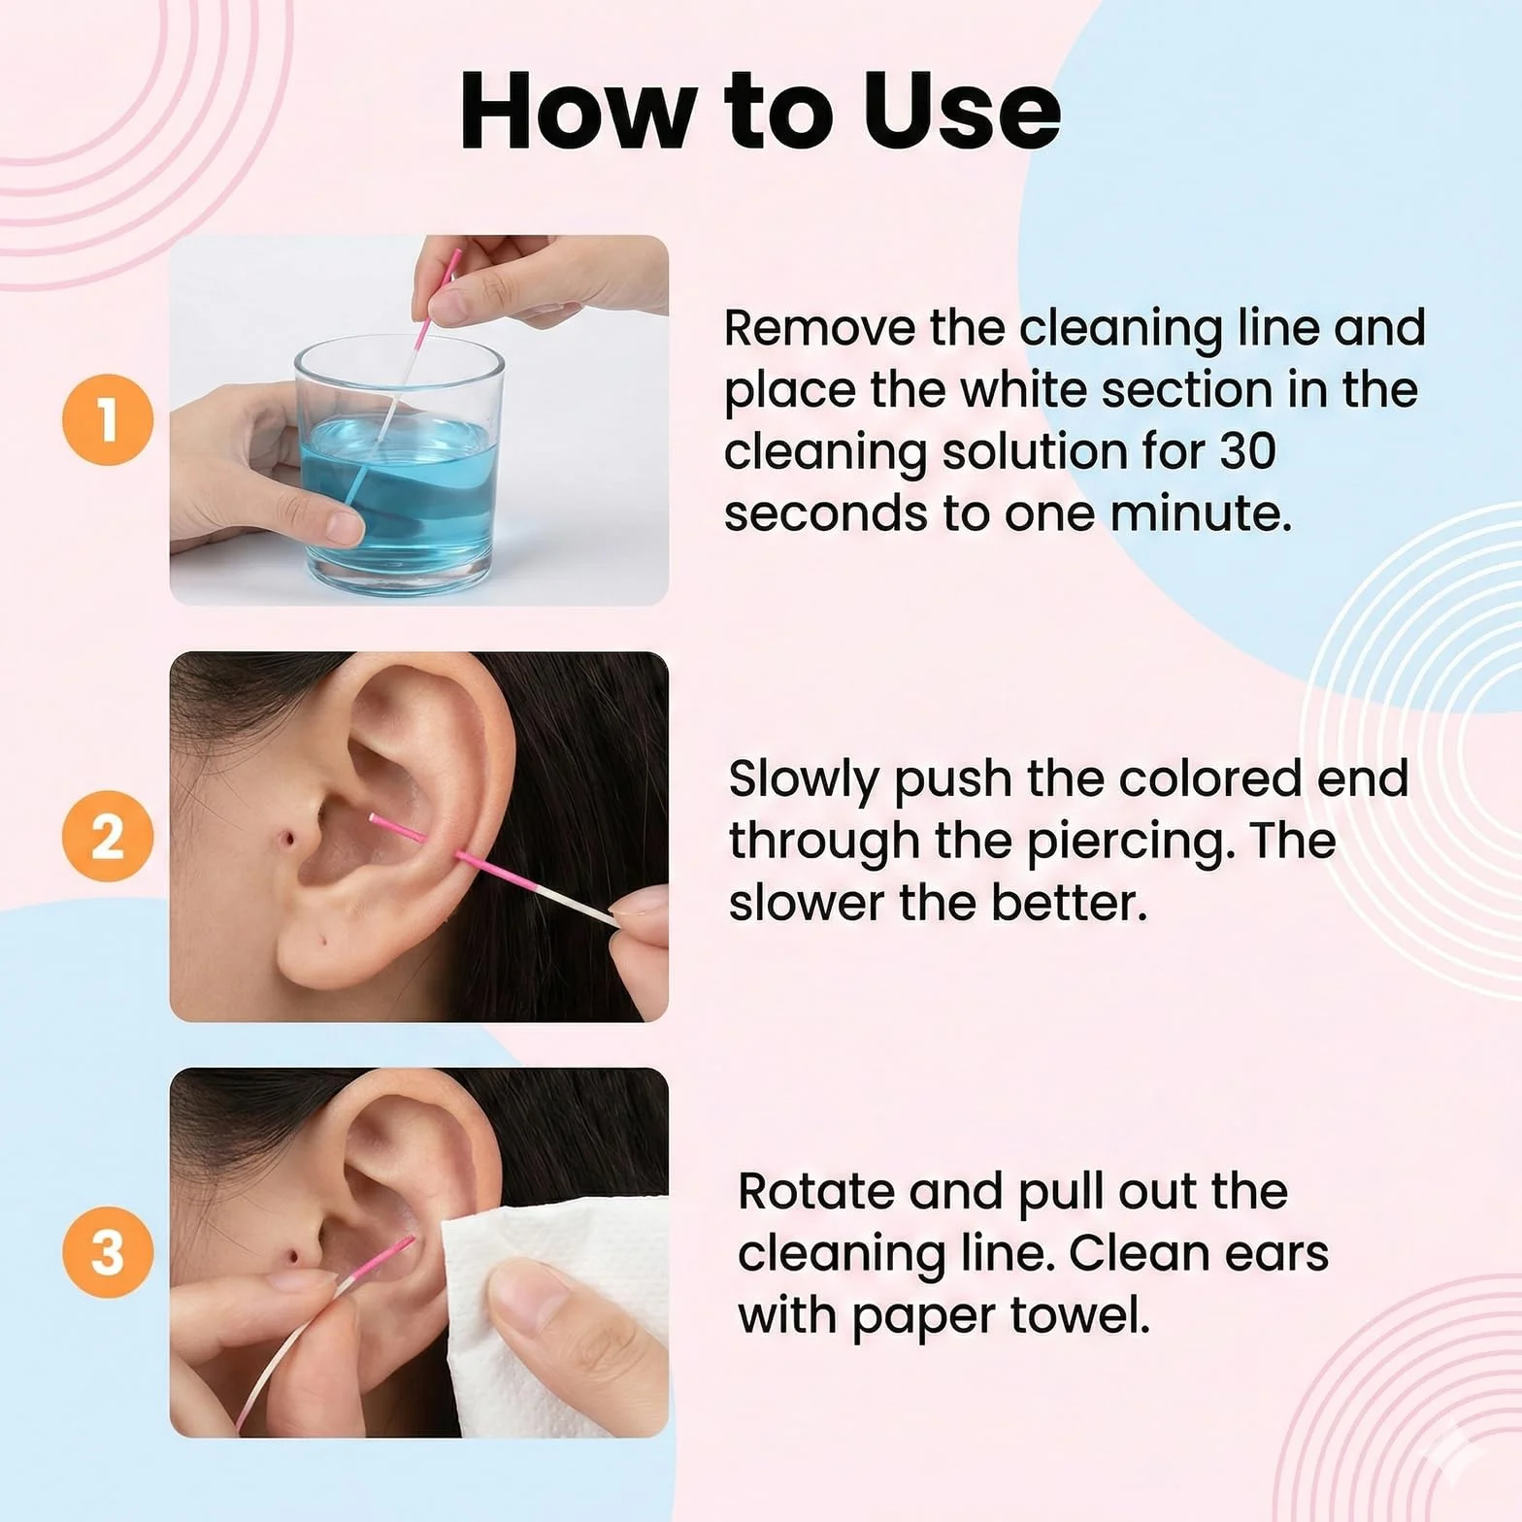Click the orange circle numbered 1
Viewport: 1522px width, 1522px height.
click(x=108, y=419)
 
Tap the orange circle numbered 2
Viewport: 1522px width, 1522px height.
click(x=108, y=836)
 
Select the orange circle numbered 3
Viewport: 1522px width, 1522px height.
click(x=108, y=1252)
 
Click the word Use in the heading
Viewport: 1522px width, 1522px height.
click(x=961, y=111)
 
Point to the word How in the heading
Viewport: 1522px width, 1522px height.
click(x=581, y=111)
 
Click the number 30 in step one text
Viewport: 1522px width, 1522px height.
click(x=1247, y=451)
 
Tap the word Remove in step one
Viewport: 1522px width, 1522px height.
click(x=820, y=328)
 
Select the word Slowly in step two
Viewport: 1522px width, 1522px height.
click(x=803, y=780)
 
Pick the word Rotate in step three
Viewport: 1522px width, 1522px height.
click(x=815, y=1191)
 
